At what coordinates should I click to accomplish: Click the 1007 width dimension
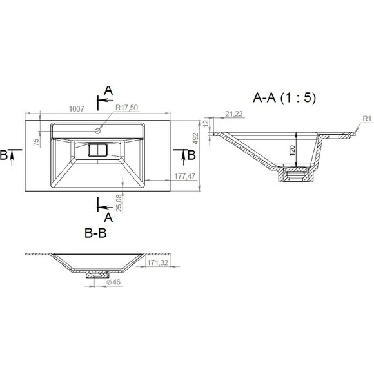tap(76, 109)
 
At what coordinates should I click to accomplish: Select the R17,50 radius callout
tap(126, 108)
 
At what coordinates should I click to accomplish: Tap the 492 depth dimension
tap(195, 139)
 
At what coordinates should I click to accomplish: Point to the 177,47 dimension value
tap(184, 176)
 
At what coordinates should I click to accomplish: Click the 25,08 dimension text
tap(119, 202)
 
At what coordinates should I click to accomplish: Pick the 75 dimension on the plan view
tap(36, 143)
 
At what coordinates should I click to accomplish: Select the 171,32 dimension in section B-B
tap(158, 262)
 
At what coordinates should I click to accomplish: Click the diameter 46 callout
tap(113, 282)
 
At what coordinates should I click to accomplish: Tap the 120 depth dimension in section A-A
tap(292, 150)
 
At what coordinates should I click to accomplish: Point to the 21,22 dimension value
tap(234, 114)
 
